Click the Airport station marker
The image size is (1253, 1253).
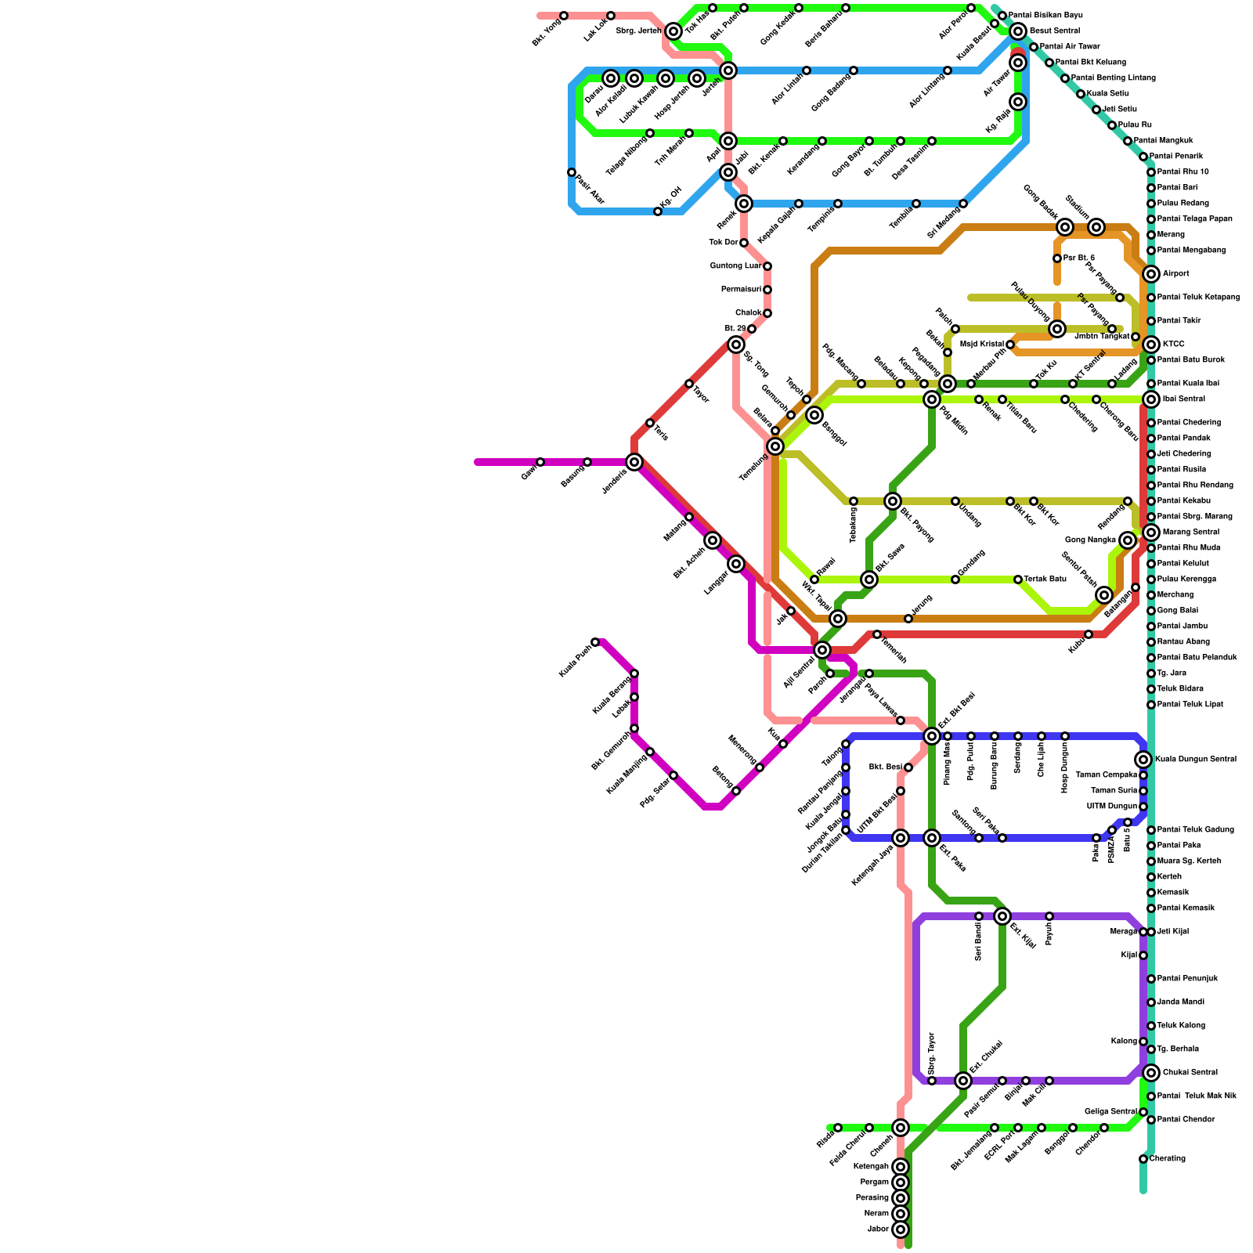pos(1150,274)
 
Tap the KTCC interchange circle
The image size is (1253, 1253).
pos(1150,345)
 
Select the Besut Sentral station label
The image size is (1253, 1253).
pos(1055,31)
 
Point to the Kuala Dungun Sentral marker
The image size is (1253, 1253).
pos(1143,760)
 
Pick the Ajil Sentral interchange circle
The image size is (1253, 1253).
pos(821,650)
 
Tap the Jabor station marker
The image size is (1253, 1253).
pos(901,1230)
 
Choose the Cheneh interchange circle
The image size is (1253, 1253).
pos(901,1128)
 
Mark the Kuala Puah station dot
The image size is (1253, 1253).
pos(595,642)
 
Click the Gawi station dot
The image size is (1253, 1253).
pos(540,462)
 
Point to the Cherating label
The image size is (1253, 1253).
pos(1168,1159)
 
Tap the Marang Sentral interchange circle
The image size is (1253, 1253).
pos(1150,533)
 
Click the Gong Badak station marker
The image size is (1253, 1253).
pos(1064,227)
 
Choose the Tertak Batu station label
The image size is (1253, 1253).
pos(1045,580)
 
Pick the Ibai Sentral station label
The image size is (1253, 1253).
pos(1184,399)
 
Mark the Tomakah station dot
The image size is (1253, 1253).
pos(877,634)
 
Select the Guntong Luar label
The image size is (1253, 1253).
pos(735,266)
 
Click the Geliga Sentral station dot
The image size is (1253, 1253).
pos(1143,1112)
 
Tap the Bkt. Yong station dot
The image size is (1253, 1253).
pos(564,16)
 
